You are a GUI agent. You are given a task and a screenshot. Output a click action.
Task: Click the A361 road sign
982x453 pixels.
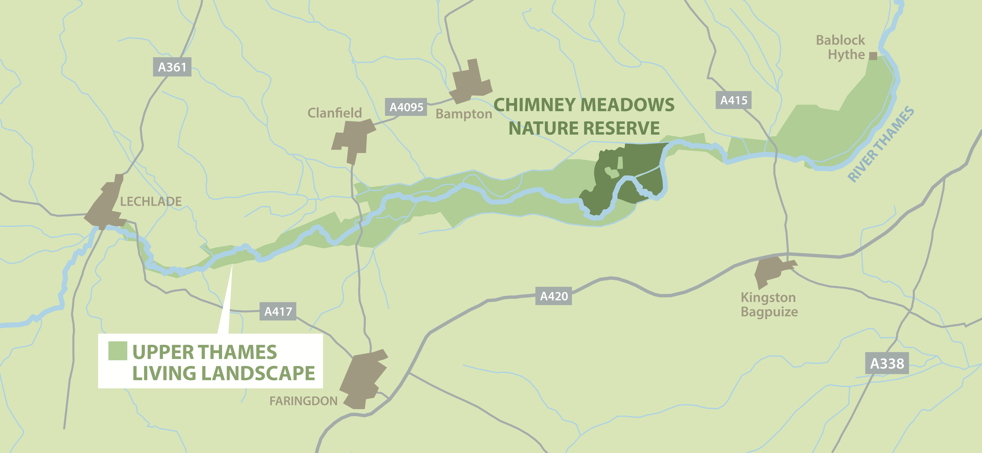(x=172, y=67)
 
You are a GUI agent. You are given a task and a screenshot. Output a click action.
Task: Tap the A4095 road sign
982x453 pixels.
(x=406, y=107)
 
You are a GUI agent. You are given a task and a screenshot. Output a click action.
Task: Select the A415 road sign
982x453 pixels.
(x=733, y=100)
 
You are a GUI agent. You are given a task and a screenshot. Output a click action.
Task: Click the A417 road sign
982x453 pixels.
(x=278, y=312)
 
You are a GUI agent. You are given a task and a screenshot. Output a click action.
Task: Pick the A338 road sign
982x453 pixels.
(x=887, y=363)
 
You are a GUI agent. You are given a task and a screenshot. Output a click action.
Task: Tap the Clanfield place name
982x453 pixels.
(x=334, y=113)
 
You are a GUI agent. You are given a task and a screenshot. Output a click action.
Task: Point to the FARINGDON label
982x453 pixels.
(x=304, y=401)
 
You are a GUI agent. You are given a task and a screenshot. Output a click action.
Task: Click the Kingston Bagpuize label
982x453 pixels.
(x=769, y=305)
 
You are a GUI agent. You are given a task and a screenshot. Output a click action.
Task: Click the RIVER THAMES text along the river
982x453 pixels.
(x=881, y=144)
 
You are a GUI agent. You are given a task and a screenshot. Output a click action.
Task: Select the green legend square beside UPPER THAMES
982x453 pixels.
(x=117, y=351)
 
